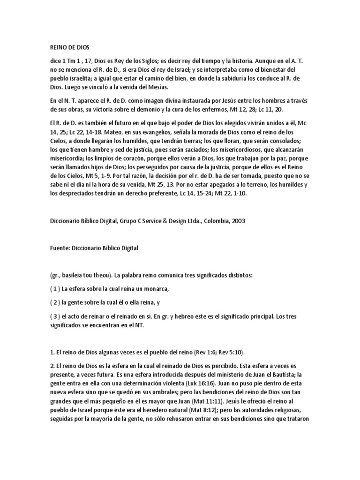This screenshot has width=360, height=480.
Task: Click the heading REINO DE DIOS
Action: pos(69,47)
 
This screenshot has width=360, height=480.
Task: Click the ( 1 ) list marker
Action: pos(55,288)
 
